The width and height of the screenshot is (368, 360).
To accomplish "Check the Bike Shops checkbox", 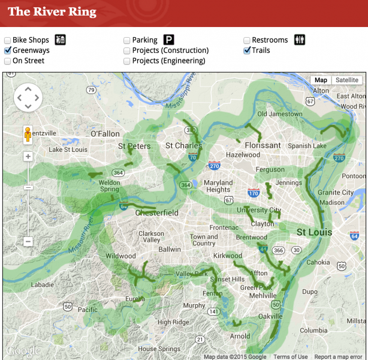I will (8, 40).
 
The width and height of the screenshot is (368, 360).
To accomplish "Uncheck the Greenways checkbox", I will (8, 50).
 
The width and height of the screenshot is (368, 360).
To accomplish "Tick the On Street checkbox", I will (8, 61).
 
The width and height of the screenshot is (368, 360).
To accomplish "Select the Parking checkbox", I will (127, 40).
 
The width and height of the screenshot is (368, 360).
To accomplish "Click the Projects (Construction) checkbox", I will (127, 50).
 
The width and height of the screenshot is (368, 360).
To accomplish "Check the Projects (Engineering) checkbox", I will (127, 61).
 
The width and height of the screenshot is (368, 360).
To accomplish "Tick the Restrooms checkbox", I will (247, 40).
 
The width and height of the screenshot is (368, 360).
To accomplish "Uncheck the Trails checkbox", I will (247, 50).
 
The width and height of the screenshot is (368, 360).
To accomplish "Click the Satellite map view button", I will (346, 80).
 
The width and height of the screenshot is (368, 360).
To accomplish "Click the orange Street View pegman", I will (28, 134).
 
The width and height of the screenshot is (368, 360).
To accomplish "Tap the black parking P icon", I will (169, 40).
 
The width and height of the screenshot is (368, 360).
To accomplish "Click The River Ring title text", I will (52, 11).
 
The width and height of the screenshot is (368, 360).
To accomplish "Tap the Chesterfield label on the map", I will (156, 213).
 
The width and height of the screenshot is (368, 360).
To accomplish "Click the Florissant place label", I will (263, 145).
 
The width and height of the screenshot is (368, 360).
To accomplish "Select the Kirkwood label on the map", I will (227, 256).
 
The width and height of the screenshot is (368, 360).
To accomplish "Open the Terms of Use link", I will (290, 356).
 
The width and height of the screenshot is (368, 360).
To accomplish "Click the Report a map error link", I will (339, 356).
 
